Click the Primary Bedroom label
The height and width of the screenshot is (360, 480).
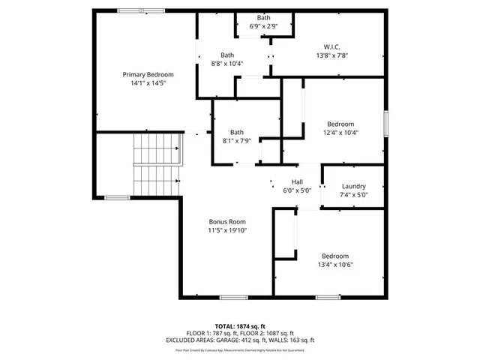pyautogui.click(x=148, y=74)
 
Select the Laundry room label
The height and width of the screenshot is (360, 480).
pyautogui.click(x=353, y=186)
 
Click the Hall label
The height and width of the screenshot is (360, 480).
pyautogui.click(x=297, y=181)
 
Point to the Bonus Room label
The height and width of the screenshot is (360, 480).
pyautogui.click(x=227, y=222)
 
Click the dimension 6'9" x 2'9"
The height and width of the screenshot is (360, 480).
pyautogui.click(x=264, y=26)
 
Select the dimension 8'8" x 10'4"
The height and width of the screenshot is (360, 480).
pyautogui.click(x=227, y=64)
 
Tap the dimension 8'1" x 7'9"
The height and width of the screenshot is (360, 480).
pyautogui.click(x=236, y=141)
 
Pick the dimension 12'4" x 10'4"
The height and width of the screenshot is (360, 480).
pyautogui.click(x=340, y=133)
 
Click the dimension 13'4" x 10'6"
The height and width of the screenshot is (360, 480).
pyautogui.click(x=335, y=264)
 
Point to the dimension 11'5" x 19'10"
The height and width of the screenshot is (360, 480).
pyautogui.click(x=227, y=231)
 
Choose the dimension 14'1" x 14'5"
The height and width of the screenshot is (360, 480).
pyautogui.click(x=148, y=82)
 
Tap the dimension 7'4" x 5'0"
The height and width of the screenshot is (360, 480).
pyautogui.click(x=353, y=195)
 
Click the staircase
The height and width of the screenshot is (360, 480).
pyautogui.click(x=157, y=165)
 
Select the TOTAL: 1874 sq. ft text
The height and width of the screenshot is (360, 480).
pyautogui.click(x=240, y=326)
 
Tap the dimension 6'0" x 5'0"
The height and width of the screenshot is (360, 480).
pyautogui.click(x=297, y=190)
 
